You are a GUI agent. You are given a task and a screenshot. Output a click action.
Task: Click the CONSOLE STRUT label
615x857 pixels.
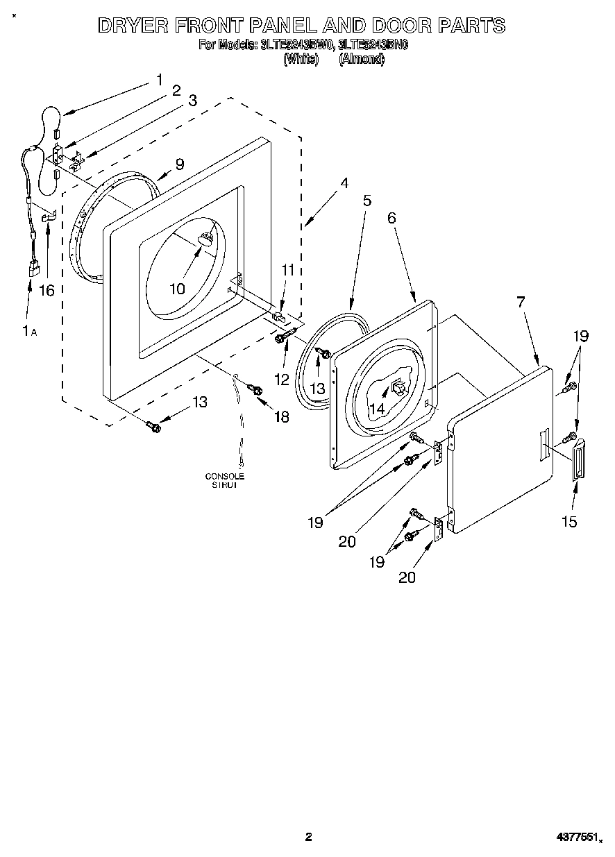pyautogui.click(x=224, y=481)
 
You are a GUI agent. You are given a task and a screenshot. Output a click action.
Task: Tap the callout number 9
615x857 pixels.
pyautogui.click(x=179, y=164)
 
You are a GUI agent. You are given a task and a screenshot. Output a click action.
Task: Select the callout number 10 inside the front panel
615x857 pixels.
pyautogui.click(x=178, y=288)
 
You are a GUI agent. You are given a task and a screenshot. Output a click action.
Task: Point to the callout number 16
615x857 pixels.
pyautogui.click(x=47, y=290)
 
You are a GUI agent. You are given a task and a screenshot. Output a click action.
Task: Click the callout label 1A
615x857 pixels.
pyautogui.click(x=28, y=332)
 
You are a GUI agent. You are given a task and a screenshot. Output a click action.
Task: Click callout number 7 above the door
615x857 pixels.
pyautogui.click(x=521, y=302)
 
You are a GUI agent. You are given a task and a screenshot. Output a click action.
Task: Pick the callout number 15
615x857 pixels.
pyautogui.click(x=569, y=521)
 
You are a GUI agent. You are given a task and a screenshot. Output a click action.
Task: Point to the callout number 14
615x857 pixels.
pyautogui.click(x=376, y=409)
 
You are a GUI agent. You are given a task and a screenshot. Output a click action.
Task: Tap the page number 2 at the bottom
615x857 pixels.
pyautogui.click(x=308, y=837)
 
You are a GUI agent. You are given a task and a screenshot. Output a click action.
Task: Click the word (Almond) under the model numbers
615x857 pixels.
pyautogui.click(x=361, y=60)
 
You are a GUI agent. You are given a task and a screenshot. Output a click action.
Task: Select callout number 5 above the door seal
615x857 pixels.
pyautogui.click(x=367, y=201)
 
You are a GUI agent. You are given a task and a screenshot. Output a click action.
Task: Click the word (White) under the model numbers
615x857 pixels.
pyautogui.click(x=301, y=60)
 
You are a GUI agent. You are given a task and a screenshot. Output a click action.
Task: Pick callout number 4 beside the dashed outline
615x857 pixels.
pyautogui.click(x=344, y=184)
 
